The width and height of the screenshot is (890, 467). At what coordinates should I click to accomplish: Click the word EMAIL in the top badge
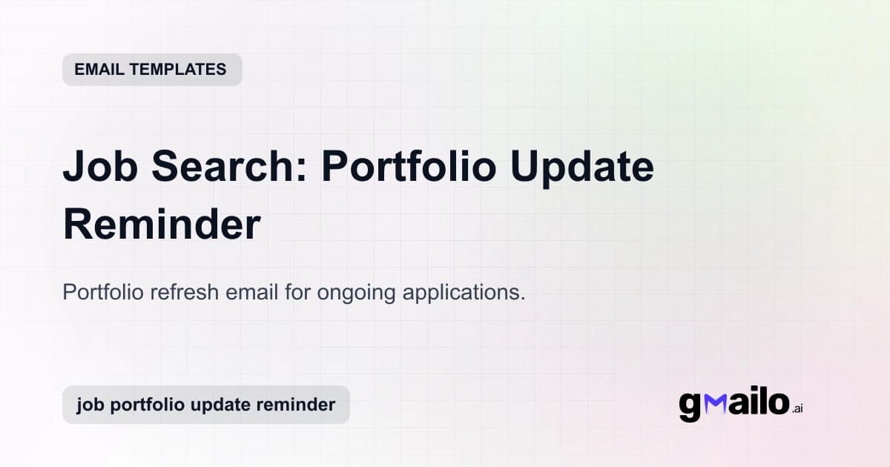pos(98,70)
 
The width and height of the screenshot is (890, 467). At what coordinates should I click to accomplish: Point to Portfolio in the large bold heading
pos(409,168)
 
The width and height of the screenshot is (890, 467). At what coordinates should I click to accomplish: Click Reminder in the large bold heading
pos(162,224)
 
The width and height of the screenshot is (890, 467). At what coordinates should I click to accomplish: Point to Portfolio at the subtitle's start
pos(103,292)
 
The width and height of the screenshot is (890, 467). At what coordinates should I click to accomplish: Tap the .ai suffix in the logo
pos(797,408)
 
